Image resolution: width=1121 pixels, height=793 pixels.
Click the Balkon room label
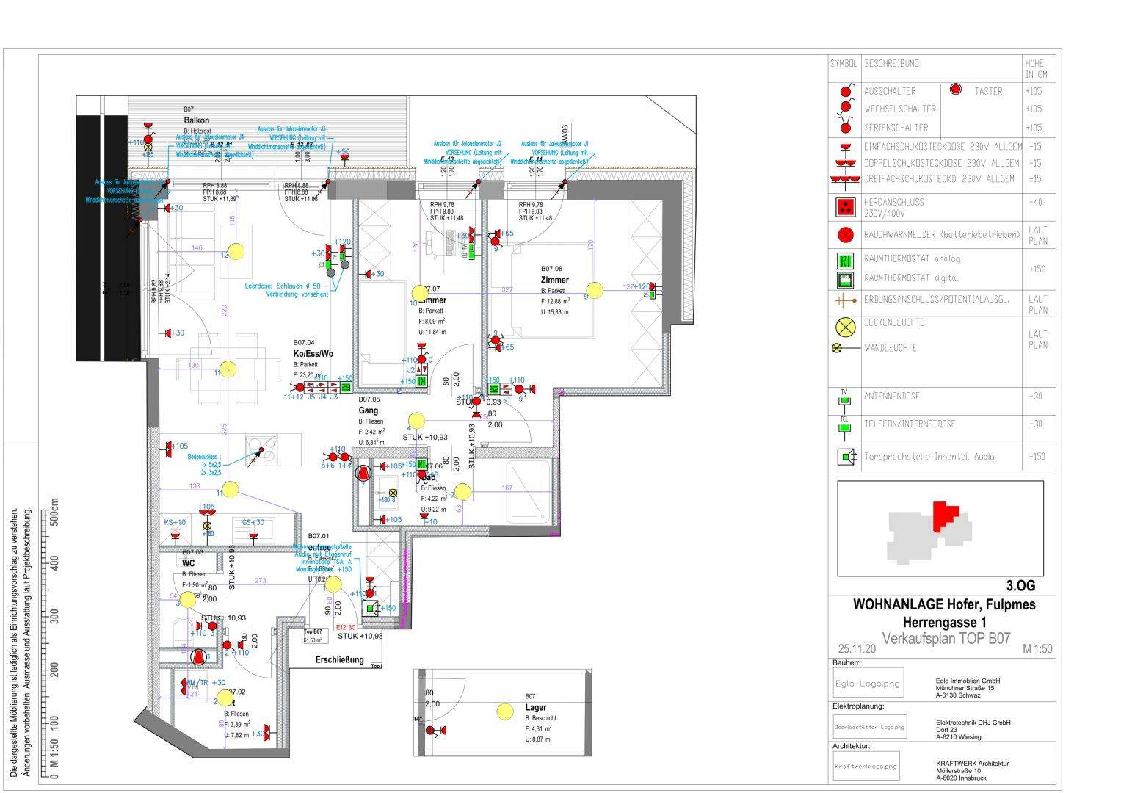tap(197, 120)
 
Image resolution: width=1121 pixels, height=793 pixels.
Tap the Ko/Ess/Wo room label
tap(313, 354)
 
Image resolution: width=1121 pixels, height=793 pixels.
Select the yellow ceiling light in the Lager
tap(504, 711)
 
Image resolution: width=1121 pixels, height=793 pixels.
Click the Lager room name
tap(536, 708)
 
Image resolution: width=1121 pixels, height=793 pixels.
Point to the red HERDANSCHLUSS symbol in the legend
tap(846, 207)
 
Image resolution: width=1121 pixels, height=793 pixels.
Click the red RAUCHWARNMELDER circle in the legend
tap(846, 235)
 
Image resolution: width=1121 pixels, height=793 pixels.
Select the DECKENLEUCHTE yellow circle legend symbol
tap(846, 327)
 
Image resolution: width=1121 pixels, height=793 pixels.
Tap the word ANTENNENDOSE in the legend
tap(892, 396)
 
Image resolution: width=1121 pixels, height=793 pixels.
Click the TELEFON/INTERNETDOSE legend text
tap(910, 424)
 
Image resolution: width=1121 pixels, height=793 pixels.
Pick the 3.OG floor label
tap(1020, 586)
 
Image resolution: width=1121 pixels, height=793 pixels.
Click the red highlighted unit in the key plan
tap(944, 515)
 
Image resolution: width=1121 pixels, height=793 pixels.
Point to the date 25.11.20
tap(857, 649)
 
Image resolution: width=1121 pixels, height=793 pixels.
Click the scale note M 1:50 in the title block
tap(1037, 649)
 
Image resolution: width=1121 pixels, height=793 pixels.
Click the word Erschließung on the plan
tap(339, 660)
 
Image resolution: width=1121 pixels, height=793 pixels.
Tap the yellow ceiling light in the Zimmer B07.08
tap(594, 291)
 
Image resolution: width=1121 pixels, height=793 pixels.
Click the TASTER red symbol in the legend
tap(956, 90)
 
